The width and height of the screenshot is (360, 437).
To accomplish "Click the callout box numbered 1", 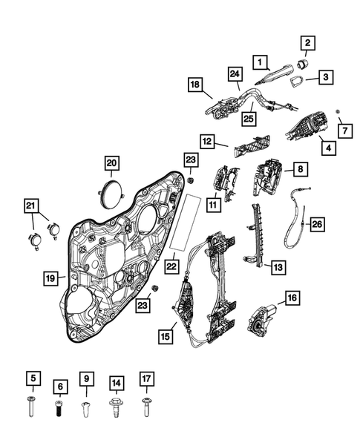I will pos(261,60).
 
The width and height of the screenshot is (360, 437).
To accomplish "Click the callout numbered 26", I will pos(316,223).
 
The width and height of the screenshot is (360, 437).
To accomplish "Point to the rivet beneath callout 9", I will pos(86,407).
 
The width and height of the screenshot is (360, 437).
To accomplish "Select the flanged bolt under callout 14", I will pos(115,408).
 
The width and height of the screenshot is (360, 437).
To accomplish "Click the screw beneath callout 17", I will pos(145,407).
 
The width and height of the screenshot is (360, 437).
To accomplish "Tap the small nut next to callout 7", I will pos(338,111).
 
